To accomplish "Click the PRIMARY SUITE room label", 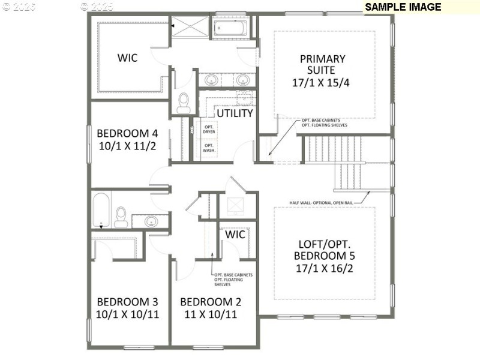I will point(322,65).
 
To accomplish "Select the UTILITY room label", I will point(234,113).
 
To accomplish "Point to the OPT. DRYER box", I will point(209,129).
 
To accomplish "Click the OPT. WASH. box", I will point(209,148).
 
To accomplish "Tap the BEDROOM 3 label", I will point(127,301).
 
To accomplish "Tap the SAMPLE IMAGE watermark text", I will point(403,7).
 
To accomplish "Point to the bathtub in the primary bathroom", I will point(227,28).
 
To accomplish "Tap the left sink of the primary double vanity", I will point(211,79).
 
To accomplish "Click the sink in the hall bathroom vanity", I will point(151,221).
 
